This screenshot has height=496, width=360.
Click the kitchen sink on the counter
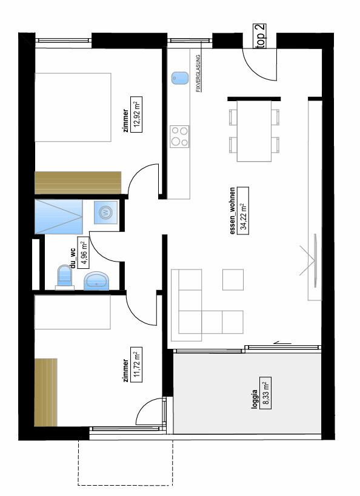coord(180,78)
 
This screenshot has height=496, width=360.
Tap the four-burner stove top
coord(179,136)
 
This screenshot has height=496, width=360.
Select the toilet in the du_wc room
coord(65,277)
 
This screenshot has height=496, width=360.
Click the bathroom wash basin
coord(96,281)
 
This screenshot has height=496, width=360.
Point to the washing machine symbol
coord(105,212)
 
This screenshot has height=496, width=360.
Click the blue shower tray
coord(59,217)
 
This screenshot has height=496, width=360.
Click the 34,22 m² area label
coord(243,211)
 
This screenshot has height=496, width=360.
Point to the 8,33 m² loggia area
coord(265,393)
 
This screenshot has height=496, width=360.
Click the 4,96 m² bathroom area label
coord(83,253)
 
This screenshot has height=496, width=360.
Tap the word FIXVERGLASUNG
coord(199,73)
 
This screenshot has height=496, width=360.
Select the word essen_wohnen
coord(233,211)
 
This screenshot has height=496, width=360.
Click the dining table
coord(255,131)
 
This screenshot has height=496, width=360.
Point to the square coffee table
coord(233,280)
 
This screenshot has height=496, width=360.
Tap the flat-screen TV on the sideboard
coord(315,260)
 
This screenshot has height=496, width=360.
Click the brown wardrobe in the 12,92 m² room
coord(78,183)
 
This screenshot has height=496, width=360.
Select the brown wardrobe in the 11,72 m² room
coord(45,392)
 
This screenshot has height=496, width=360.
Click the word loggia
coord(255,398)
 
